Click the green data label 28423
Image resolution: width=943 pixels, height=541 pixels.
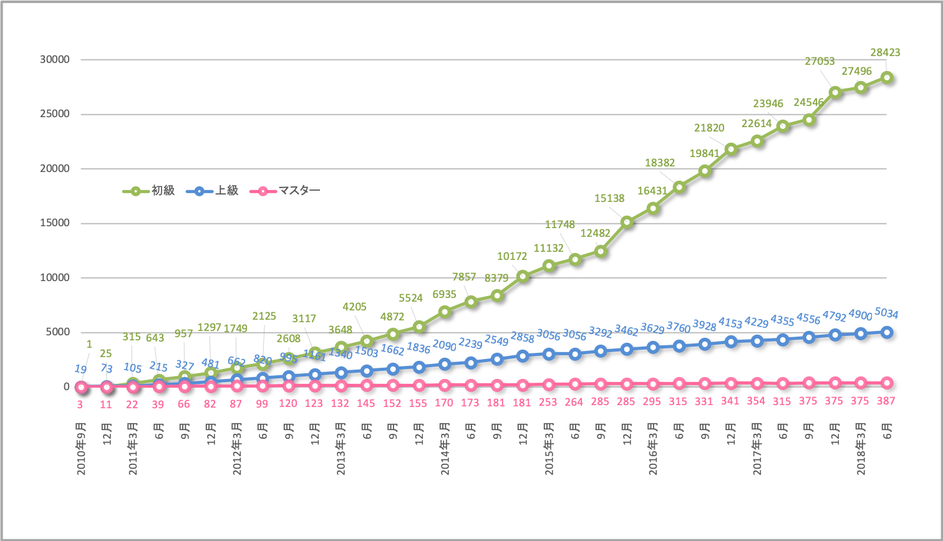click(x=884, y=53)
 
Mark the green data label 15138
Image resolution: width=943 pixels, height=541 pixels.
click(x=609, y=198)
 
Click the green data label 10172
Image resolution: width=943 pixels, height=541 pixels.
click(x=512, y=256)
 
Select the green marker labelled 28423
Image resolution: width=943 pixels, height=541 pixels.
click(x=887, y=78)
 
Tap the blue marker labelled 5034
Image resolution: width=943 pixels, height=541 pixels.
click(x=887, y=332)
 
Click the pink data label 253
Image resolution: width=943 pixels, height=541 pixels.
click(x=548, y=402)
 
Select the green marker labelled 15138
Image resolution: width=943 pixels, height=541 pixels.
click(x=627, y=222)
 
